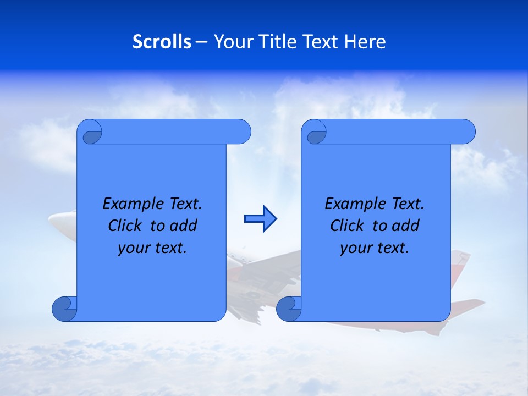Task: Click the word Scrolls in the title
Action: (x=162, y=42)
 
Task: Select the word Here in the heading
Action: (x=365, y=42)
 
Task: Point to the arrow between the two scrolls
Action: (x=260, y=219)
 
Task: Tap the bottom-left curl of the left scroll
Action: (x=64, y=309)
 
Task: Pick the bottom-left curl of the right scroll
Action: (x=289, y=309)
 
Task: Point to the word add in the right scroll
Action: (x=406, y=226)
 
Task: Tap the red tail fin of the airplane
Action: (x=461, y=258)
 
